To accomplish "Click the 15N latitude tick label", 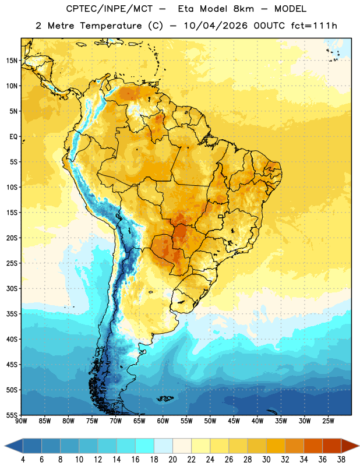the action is (12, 61).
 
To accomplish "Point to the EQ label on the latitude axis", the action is (13, 137).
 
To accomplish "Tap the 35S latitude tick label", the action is (12, 314).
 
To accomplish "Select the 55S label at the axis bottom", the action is (12, 415).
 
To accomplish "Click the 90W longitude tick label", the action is (21, 421).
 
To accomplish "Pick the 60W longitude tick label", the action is (163, 421).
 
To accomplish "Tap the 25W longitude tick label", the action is (328, 421).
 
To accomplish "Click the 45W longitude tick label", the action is (234, 421).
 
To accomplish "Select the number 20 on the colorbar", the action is (172, 460).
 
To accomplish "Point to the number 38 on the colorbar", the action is (341, 460).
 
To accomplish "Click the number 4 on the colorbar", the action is (23, 460).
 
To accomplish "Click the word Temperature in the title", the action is (111, 26).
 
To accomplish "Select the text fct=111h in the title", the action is (314, 26).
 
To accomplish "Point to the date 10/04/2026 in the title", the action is (216, 26).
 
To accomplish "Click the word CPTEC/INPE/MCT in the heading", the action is (110, 9).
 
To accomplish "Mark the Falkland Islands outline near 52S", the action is (165, 398).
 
